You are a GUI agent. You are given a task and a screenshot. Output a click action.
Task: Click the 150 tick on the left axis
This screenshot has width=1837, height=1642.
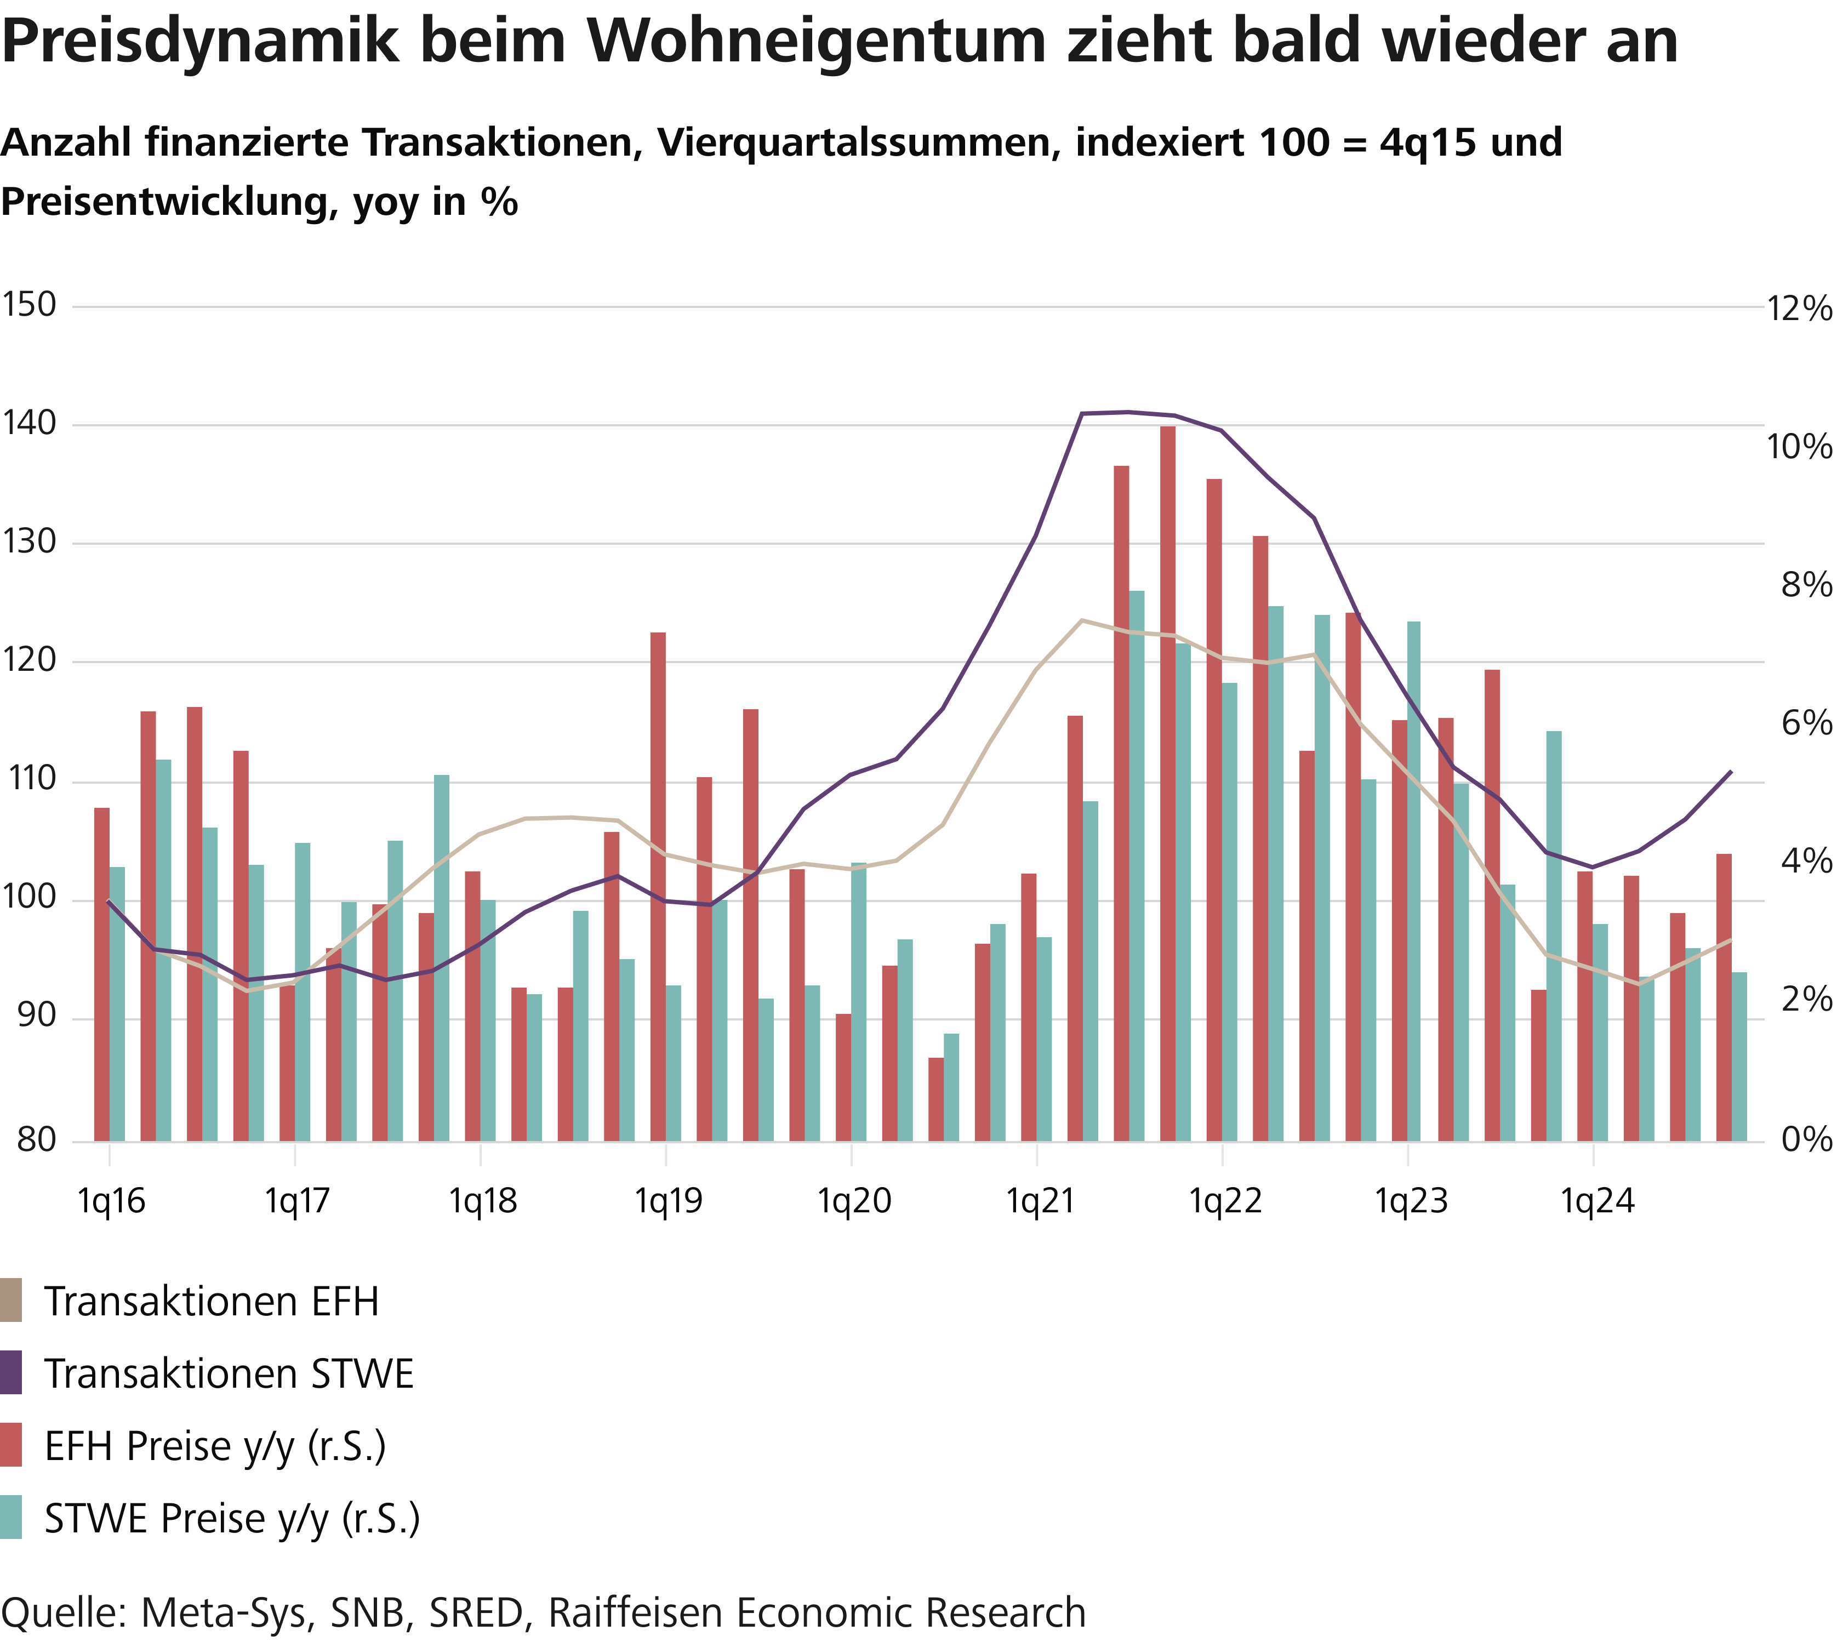click(x=29, y=305)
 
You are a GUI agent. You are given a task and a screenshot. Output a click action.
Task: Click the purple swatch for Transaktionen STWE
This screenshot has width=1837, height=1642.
click(x=11, y=1373)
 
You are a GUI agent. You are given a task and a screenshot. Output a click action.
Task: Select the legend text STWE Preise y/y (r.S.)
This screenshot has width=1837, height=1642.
click(x=232, y=1518)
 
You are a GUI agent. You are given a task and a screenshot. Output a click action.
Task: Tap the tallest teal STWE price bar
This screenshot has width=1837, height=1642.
click(x=1137, y=866)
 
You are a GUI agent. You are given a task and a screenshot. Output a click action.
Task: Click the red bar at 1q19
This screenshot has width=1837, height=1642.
click(x=658, y=887)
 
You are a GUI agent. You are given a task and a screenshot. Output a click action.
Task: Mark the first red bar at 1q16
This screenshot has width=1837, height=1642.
click(x=102, y=974)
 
